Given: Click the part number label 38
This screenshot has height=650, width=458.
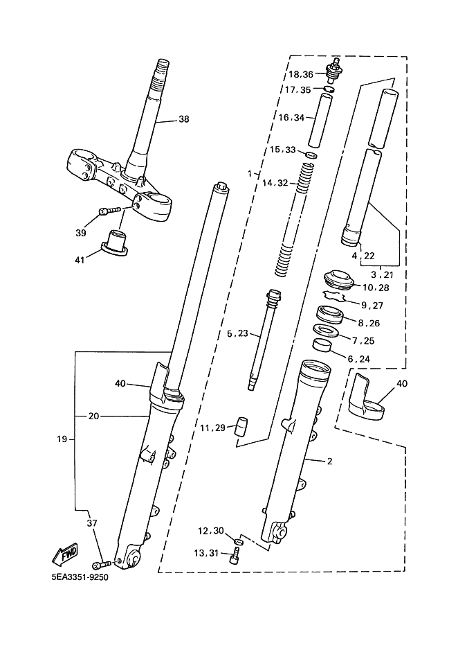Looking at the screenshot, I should [x=183, y=119].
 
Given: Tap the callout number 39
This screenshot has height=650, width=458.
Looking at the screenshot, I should [x=81, y=233].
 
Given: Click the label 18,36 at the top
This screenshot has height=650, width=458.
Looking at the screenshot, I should [x=301, y=74].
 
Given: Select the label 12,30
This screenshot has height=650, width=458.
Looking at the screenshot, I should [x=211, y=532].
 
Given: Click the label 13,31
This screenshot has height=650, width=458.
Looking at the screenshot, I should [x=210, y=552].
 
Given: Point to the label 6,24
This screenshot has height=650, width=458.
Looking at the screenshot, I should [x=359, y=359].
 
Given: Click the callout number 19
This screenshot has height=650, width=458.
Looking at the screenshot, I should [x=62, y=439].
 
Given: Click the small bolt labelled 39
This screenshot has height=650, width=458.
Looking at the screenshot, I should [x=109, y=210].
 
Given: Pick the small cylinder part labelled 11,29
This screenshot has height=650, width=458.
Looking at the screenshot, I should [x=242, y=425].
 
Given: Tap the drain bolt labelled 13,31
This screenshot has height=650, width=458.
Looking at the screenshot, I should [x=237, y=553].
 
